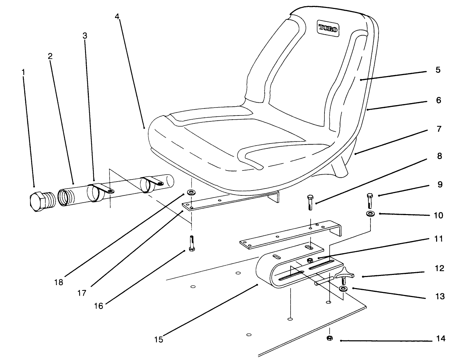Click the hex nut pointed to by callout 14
[329, 338]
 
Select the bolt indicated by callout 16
[192, 244]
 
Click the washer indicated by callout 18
[190, 192]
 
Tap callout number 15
[159, 339]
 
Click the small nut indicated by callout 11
[310, 260]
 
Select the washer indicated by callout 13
[344, 289]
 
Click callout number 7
[439, 129]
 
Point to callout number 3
[85, 36]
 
